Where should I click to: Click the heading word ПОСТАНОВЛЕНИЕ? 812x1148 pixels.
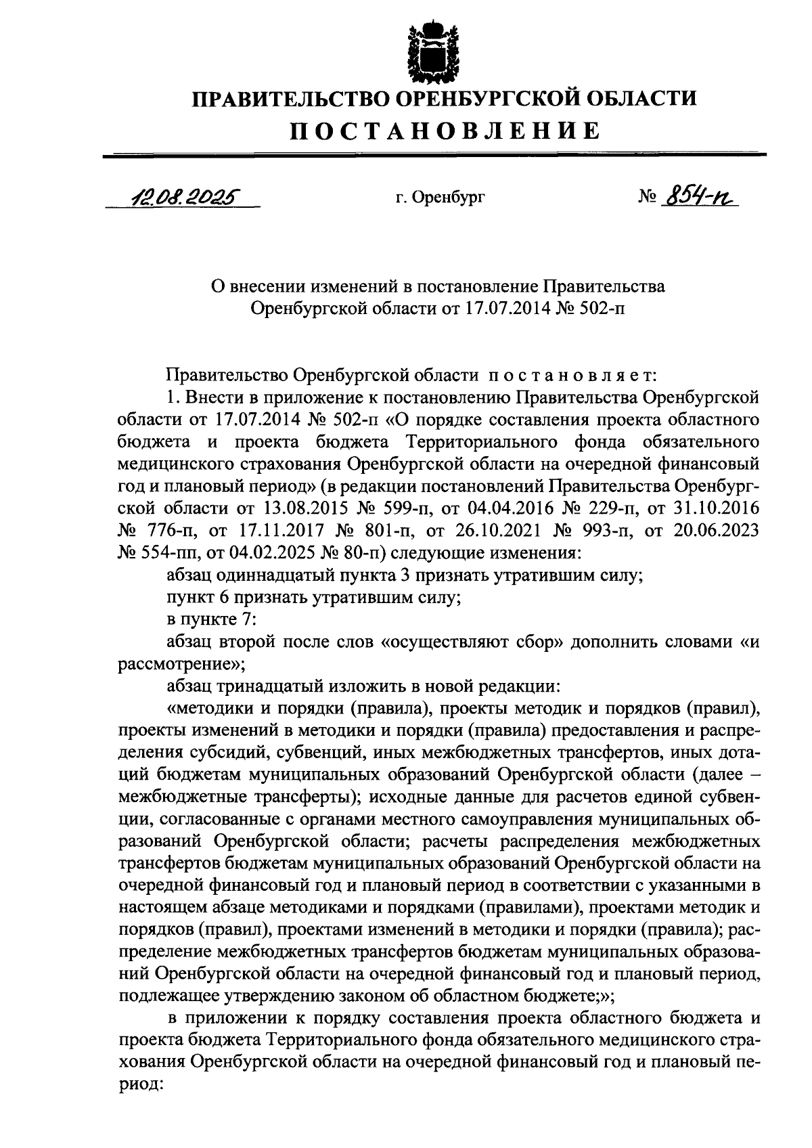(x=445, y=130)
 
